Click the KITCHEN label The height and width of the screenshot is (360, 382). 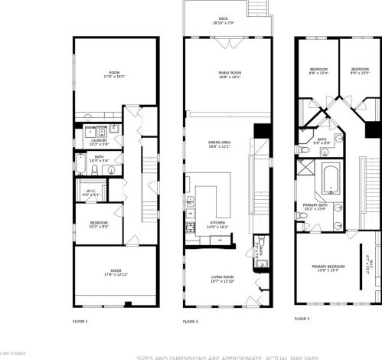point(219,224)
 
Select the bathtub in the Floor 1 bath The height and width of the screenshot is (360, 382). point(80,165)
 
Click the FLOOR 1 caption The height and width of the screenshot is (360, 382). point(80,321)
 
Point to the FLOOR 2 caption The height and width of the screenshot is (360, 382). point(190,321)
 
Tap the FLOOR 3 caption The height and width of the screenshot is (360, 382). point(304,318)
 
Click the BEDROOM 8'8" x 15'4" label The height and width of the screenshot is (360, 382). point(318,71)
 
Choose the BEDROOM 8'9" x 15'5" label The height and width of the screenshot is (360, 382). point(360,71)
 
